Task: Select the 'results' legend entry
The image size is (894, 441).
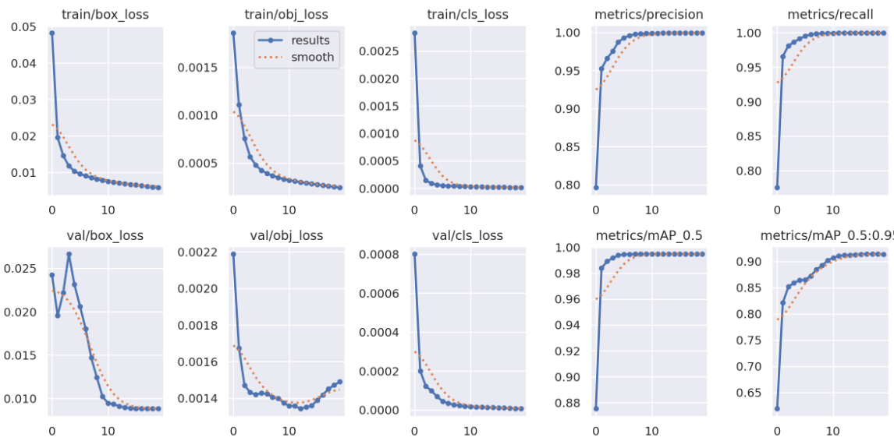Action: point(311,41)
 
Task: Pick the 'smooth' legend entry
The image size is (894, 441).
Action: point(312,57)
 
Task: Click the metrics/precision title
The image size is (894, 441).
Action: point(648,14)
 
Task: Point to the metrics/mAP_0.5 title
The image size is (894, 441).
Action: point(648,235)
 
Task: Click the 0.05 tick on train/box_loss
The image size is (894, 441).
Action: point(23,27)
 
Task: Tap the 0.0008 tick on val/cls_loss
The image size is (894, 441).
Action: point(378,255)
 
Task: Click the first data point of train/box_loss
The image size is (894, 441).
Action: point(51,34)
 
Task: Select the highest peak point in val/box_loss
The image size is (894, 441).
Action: point(69,254)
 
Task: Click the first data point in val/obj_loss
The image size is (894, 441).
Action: point(232,254)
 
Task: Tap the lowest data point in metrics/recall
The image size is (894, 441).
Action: point(776,188)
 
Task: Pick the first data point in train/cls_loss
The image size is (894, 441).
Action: point(413,34)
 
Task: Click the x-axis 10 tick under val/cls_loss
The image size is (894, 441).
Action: point(470,429)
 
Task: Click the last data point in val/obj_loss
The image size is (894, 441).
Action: point(339,382)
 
